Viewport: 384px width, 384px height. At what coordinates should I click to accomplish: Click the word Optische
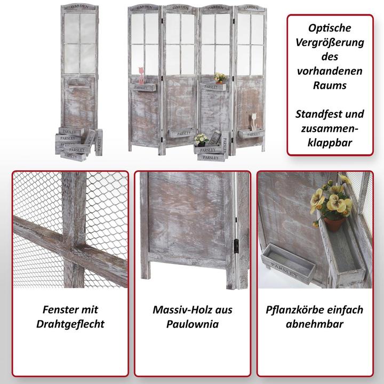point(330,28)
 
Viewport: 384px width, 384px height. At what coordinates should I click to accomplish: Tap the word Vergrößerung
point(330,43)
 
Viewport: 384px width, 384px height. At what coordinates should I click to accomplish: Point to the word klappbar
point(330,143)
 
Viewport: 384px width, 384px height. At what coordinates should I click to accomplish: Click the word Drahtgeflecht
point(70,324)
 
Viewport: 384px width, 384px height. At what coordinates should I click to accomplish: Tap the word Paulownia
point(193,324)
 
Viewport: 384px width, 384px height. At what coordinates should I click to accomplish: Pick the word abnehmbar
point(315,324)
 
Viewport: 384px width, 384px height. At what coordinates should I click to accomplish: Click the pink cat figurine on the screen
point(141,75)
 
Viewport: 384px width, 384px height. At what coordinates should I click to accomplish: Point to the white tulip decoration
point(254,122)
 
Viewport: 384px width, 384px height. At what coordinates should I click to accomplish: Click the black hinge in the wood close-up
point(236,246)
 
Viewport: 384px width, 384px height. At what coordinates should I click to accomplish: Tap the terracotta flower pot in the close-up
point(334,224)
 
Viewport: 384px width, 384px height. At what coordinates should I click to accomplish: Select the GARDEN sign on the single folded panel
point(79,6)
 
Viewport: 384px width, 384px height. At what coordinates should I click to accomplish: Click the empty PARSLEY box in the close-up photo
point(288,263)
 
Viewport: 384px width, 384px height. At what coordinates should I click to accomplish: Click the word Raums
point(330,85)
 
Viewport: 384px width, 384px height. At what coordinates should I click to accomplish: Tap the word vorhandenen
point(330,71)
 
